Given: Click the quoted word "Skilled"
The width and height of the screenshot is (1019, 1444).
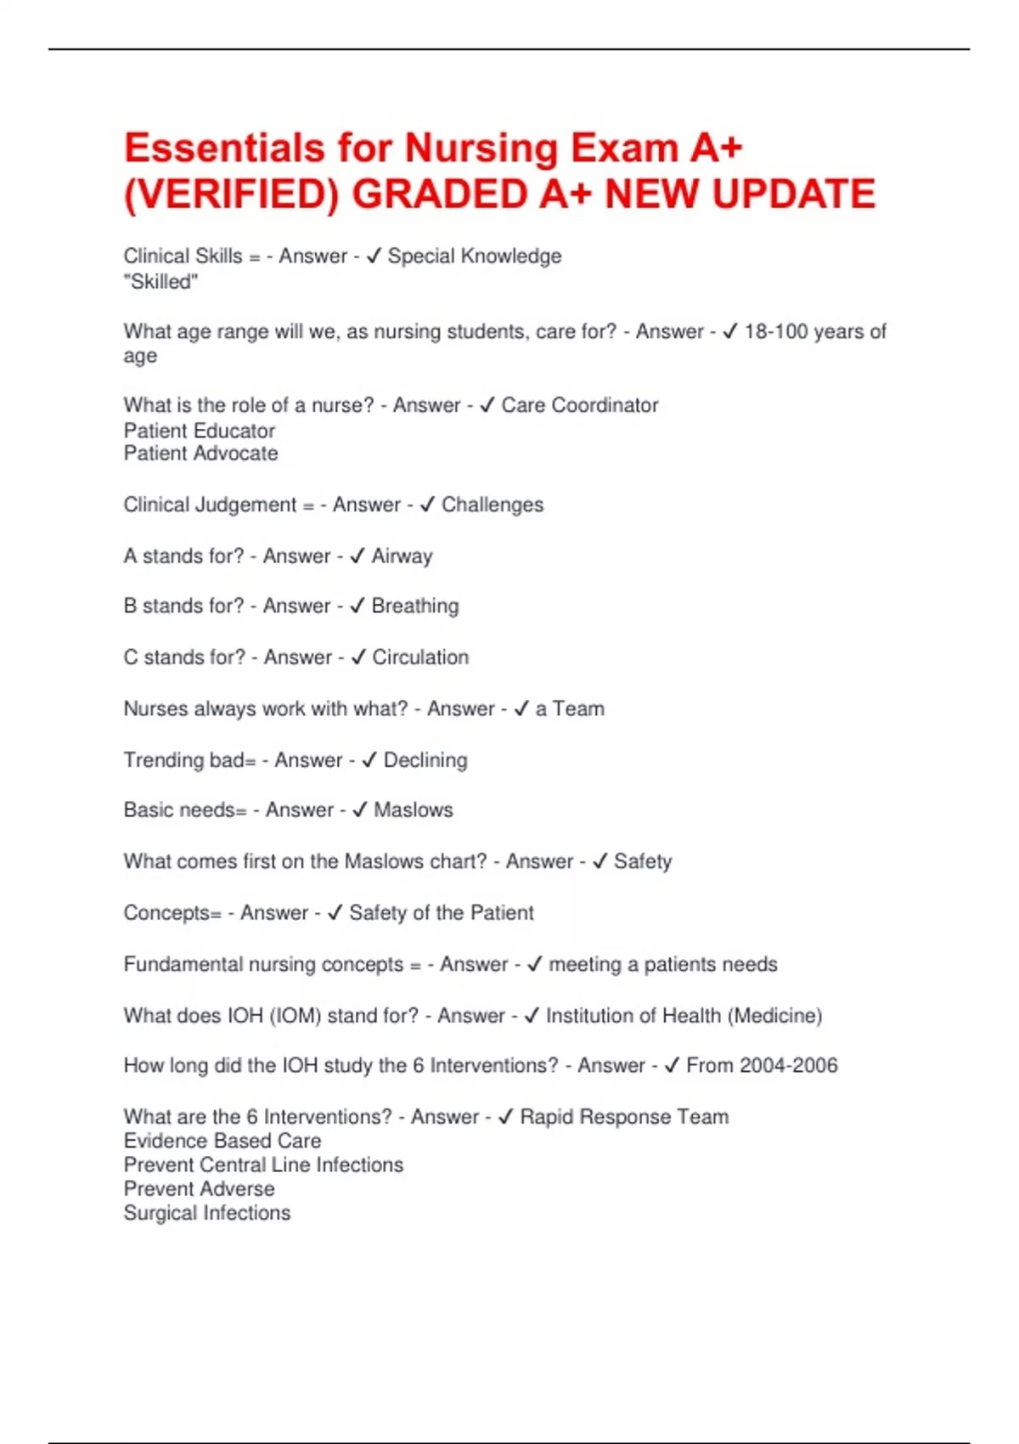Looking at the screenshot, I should (160, 282).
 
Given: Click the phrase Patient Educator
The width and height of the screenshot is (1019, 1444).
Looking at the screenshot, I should (200, 431).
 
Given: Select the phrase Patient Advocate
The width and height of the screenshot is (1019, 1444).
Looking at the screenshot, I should (200, 454).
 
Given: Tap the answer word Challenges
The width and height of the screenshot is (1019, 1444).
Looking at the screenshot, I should (493, 505).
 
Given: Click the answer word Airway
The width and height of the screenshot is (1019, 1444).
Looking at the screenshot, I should (402, 556).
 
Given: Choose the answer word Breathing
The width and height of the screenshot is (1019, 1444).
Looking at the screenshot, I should (415, 606).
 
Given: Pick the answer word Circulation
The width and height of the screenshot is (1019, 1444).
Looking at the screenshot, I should (420, 657).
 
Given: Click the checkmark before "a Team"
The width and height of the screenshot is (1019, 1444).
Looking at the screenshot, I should (521, 708).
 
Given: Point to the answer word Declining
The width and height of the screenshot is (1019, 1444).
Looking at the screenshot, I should (425, 760).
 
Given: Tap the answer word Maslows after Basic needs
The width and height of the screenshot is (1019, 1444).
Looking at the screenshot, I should (414, 810).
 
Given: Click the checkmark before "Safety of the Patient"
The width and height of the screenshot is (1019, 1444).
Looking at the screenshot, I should (335, 913).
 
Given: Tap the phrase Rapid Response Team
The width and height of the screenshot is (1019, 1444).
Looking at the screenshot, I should (624, 1117).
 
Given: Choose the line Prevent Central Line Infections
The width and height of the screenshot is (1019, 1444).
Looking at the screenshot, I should (263, 1165).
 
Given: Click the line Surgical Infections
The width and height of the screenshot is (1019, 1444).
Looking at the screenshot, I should (207, 1213).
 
